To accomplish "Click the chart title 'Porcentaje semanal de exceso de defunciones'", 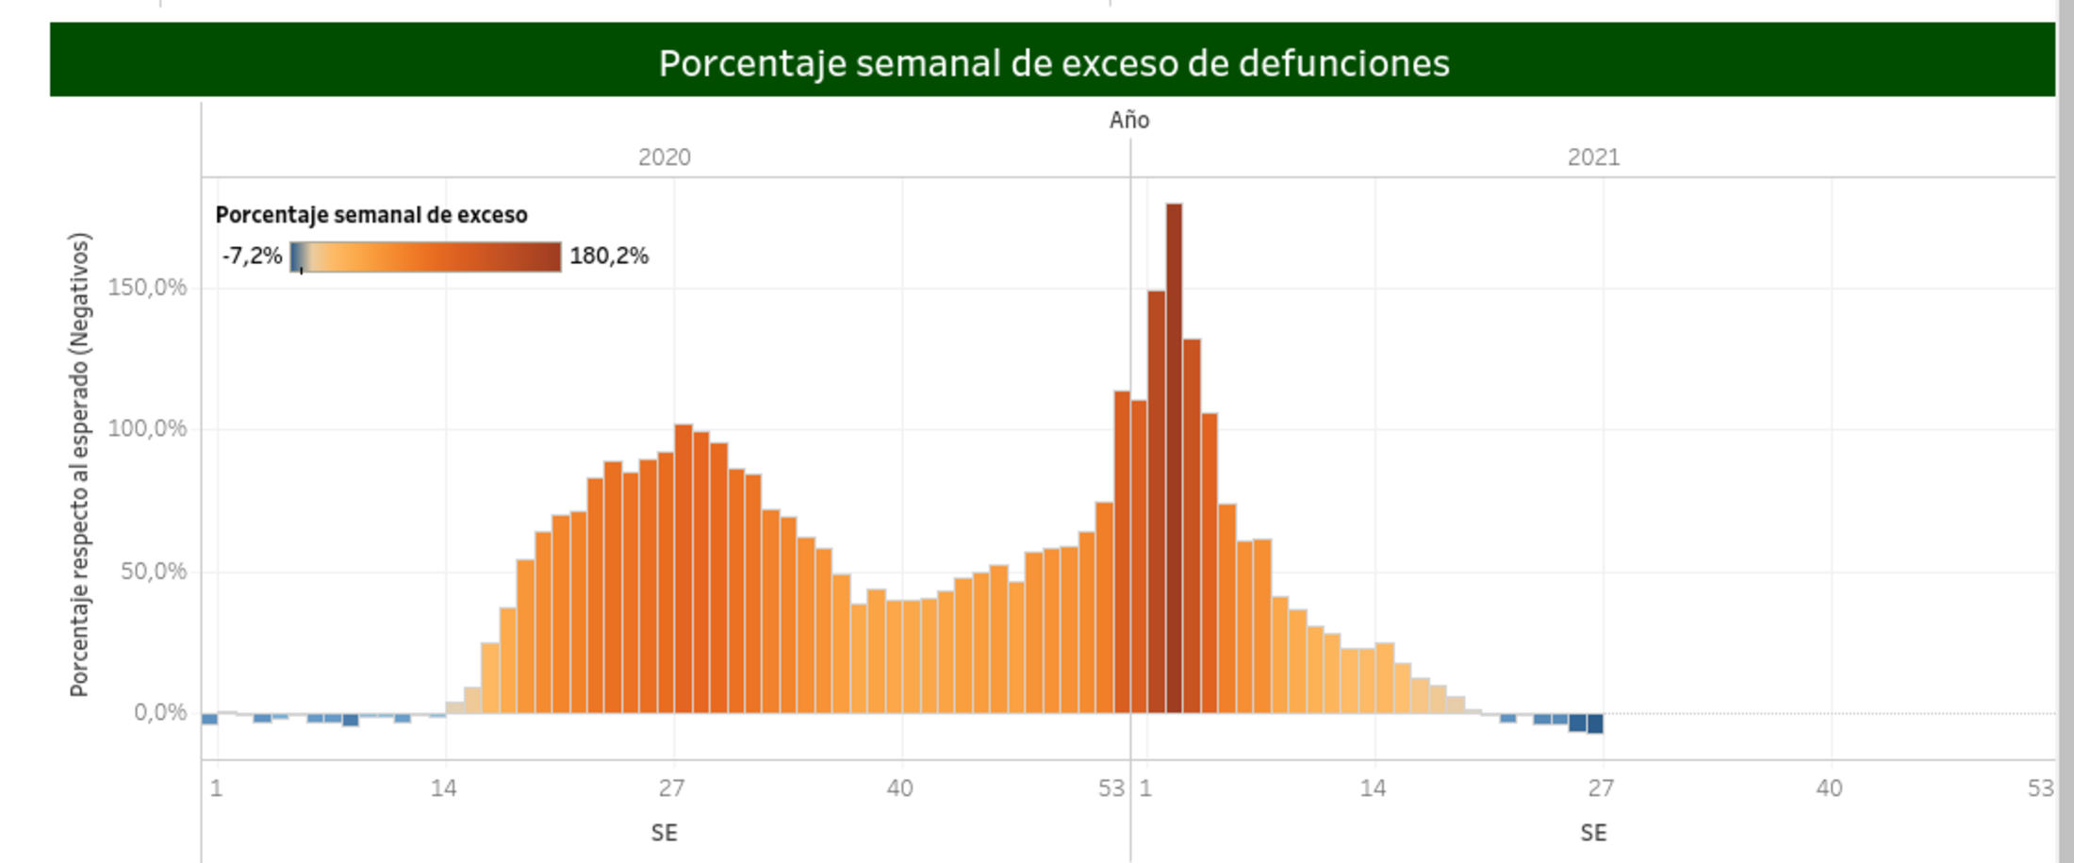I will pyautogui.click(x=1053, y=63).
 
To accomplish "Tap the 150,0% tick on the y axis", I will pyautogui.click(x=147, y=287).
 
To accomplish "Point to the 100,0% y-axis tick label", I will pyautogui.click(x=147, y=428).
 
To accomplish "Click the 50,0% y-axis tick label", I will pyautogui.click(x=153, y=571).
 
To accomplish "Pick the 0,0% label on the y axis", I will pyautogui.click(x=159, y=712).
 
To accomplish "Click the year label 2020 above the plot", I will pyautogui.click(x=664, y=158).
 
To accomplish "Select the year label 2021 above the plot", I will pyautogui.click(x=1593, y=158).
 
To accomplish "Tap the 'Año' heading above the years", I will pyautogui.click(x=1128, y=121).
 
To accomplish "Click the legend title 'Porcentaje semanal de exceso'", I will pyautogui.click(x=371, y=215).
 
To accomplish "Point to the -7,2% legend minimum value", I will pyautogui.click(x=252, y=256).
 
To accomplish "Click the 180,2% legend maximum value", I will pyautogui.click(x=609, y=256).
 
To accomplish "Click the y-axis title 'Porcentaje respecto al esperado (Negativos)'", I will pyautogui.click(x=80, y=464).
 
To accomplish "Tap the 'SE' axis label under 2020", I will pyautogui.click(x=664, y=833).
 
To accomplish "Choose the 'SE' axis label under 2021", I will pyautogui.click(x=1593, y=833).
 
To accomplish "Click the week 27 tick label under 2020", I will pyautogui.click(x=671, y=788).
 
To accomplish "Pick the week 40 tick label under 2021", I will pyautogui.click(x=1829, y=788).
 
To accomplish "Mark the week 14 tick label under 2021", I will pyautogui.click(x=1373, y=788).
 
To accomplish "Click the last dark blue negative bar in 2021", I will pyautogui.click(x=1594, y=723).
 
